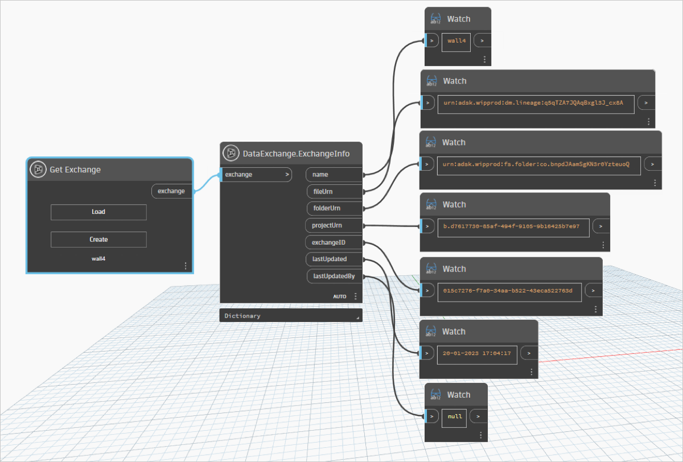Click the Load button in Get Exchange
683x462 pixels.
(x=98, y=212)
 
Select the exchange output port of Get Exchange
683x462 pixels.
(x=172, y=191)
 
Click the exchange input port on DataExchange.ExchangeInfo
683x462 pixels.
(x=257, y=175)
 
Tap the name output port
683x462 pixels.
(x=334, y=175)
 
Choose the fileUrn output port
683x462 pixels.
(x=335, y=192)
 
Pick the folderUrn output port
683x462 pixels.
(x=335, y=208)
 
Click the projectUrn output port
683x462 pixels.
(x=334, y=225)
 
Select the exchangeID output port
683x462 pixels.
(x=334, y=242)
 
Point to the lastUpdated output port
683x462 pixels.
(x=334, y=259)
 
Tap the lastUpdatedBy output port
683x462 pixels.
(x=335, y=276)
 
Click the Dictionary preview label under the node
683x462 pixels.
(x=242, y=316)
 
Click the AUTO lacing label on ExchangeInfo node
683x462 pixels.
(x=340, y=296)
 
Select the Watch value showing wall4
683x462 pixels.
(x=456, y=41)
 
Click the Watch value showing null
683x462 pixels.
(x=455, y=416)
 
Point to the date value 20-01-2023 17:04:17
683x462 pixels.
(x=476, y=353)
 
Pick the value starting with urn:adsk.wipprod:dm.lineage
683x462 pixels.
(x=533, y=103)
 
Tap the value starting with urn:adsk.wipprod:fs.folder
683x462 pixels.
(x=536, y=164)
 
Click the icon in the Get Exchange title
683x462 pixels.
(x=38, y=169)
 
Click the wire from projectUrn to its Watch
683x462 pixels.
(x=392, y=226)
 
